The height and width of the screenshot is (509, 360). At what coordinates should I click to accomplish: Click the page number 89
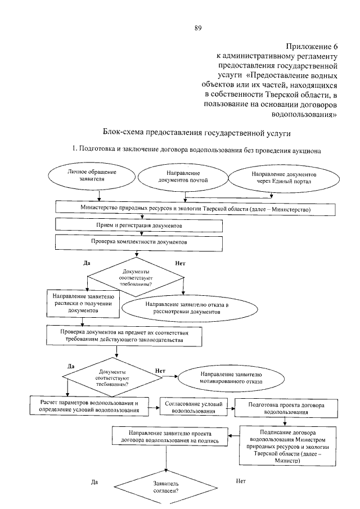197,27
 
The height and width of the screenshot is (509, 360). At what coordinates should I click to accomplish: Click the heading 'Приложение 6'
311,47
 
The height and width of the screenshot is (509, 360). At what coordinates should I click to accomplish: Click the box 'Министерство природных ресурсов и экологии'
195,209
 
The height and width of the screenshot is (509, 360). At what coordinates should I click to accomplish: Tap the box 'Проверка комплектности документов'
139,242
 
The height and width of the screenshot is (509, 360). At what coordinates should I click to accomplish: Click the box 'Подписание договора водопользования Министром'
286,445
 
